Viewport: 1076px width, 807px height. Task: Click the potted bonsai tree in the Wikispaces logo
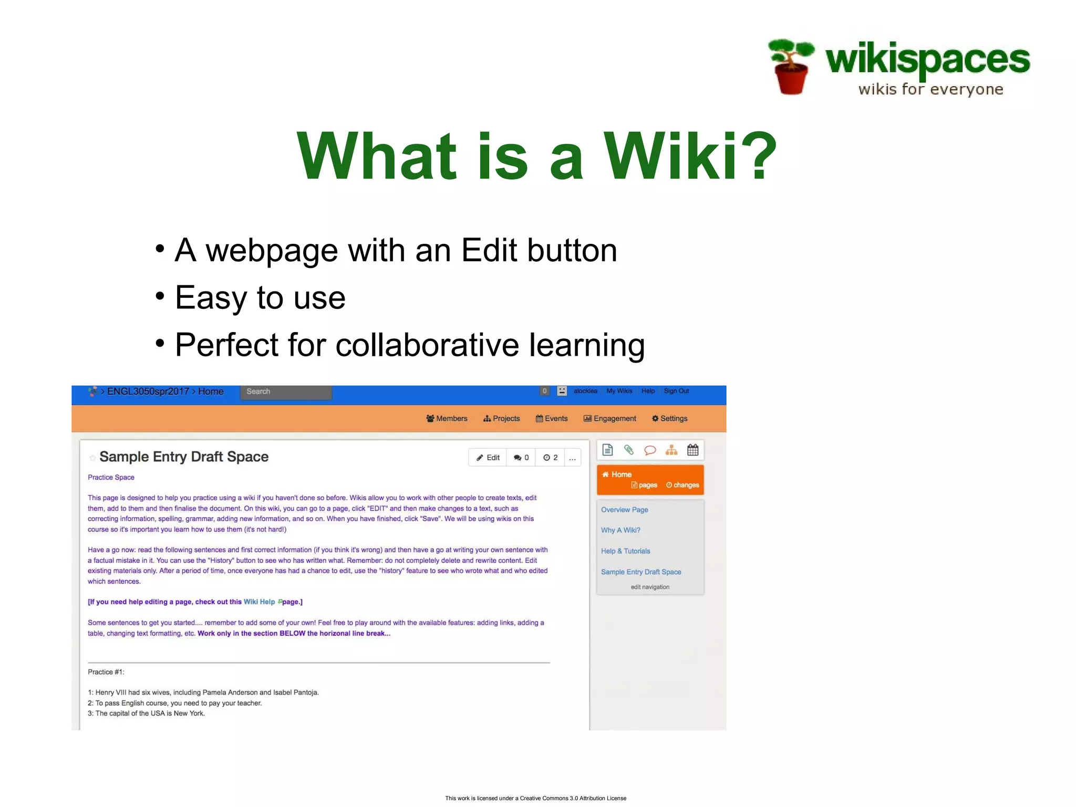pyautogui.click(x=791, y=67)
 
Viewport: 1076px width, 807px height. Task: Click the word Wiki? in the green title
pyautogui.click(x=690, y=157)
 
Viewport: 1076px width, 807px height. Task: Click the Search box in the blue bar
pyautogui.click(x=286, y=392)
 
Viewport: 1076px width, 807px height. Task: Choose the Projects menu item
pyautogui.click(x=502, y=419)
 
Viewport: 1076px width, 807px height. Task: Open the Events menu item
pyautogui.click(x=552, y=419)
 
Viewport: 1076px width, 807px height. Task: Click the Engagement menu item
pyautogui.click(x=610, y=419)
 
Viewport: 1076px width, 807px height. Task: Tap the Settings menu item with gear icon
pyautogui.click(x=670, y=419)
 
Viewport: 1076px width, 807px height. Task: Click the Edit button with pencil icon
pyautogui.click(x=488, y=458)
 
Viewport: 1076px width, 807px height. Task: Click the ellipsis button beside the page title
pyautogui.click(x=573, y=458)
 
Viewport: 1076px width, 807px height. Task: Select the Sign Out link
pyautogui.click(x=676, y=391)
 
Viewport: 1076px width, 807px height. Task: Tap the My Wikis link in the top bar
pyautogui.click(x=619, y=391)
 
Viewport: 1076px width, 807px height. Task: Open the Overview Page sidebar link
pyautogui.click(x=624, y=510)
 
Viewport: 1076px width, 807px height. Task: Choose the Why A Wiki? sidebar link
pyautogui.click(x=620, y=530)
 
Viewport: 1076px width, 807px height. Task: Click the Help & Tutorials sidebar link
pyautogui.click(x=625, y=551)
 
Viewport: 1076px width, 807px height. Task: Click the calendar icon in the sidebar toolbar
pyautogui.click(x=693, y=450)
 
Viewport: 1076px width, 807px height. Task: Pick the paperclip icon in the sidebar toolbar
pyautogui.click(x=629, y=450)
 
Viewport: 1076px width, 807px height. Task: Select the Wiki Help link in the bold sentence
pyautogui.click(x=259, y=602)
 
